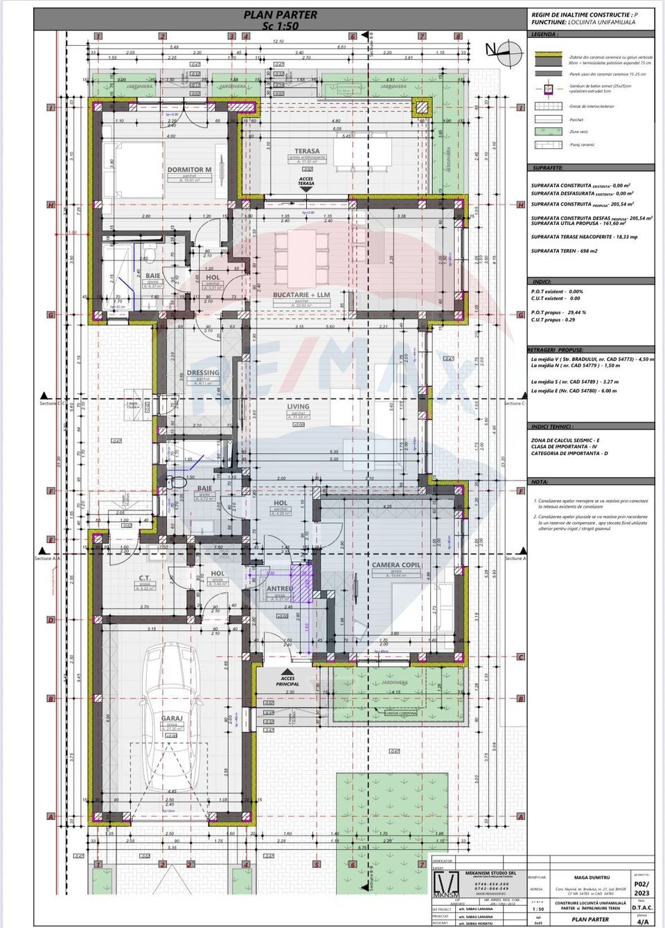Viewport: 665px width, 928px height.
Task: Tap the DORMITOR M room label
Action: click(x=189, y=170)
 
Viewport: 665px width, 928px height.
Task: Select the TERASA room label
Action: click(x=307, y=151)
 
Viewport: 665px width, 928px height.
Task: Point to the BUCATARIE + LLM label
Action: click(x=301, y=295)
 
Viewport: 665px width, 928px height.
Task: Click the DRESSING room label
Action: click(x=202, y=373)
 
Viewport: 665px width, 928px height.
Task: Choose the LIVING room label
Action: click(x=299, y=407)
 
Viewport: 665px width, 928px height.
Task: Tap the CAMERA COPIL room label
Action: click(x=396, y=565)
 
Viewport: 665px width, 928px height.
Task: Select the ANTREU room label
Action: click(x=279, y=589)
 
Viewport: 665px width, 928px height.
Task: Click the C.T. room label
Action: click(x=144, y=578)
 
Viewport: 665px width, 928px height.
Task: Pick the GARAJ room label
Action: click(x=172, y=719)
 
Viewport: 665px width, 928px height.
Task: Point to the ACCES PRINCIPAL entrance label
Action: click(x=287, y=681)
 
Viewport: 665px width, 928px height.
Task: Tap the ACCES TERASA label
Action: click(x=305, y=181)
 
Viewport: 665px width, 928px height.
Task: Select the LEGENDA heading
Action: click(x=543, y=34)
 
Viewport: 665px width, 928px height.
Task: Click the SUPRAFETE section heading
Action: click(x=547, y=168)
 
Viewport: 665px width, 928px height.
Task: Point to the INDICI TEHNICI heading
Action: click(x=552, y=427)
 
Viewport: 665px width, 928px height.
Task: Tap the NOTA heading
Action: click(x=539, y=482)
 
